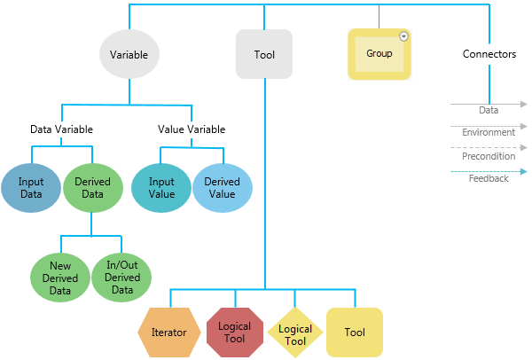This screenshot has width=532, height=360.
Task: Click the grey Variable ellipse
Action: point(129,54)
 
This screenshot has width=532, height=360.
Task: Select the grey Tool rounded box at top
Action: point(264,54)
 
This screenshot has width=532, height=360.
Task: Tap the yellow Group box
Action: point(379,54)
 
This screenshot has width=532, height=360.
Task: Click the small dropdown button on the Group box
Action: point(403,36)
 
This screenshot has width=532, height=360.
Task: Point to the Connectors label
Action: point(489,54)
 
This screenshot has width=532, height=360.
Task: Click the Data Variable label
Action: point(61,129)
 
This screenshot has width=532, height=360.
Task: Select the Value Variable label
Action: point(192,129)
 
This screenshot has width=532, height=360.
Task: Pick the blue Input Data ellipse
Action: point(31,188)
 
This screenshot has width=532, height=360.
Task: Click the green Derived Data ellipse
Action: point(92,188)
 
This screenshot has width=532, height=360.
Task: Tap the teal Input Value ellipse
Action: point(161,188)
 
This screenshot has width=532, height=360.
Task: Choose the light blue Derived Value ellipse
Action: point(222,188)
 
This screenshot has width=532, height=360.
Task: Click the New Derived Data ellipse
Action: point(61,278)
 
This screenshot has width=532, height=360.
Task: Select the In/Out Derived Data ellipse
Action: point(122,278)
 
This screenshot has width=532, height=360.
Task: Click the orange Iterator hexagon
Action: point(168,333)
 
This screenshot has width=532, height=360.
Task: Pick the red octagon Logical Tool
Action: point(235,333)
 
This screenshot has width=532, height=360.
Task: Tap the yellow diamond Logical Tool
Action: point(295,333)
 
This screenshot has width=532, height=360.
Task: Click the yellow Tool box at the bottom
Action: point(355,333)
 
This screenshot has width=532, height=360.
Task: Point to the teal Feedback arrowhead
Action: point(524,171)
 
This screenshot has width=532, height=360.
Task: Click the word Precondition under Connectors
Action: point(489,156)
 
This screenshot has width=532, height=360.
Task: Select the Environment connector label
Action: point(489,133)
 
